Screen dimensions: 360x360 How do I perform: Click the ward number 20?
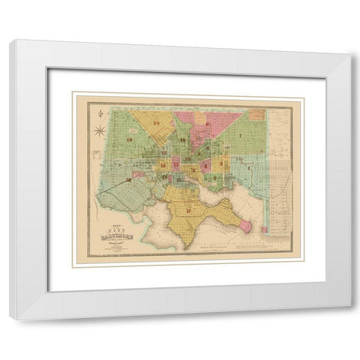(x=157, y=124)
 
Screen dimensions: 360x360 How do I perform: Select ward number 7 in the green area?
(x=240, y=136)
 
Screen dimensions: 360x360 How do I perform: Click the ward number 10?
(x=187, y=160)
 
